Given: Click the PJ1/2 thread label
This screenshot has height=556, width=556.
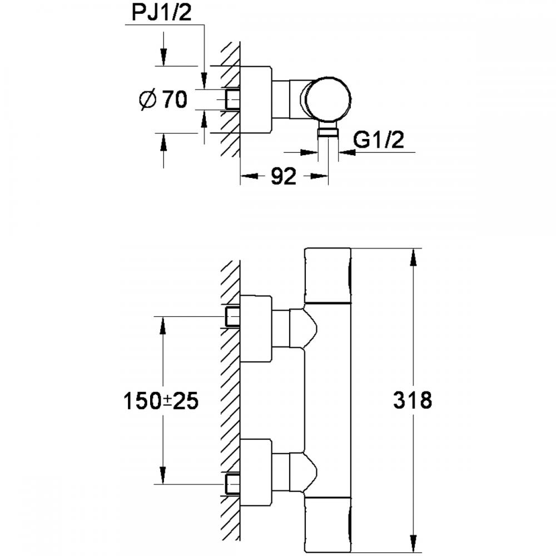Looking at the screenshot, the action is tap(161, 13).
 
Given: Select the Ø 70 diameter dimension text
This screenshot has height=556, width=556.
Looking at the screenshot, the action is tap(163, 100).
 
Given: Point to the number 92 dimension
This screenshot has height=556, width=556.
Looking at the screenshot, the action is tap(284, 176).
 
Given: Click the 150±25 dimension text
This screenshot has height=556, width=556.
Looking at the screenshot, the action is tap(161, 401).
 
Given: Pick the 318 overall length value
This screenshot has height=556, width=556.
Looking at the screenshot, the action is tap(413, 400).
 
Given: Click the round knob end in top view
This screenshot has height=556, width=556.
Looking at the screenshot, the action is tap(329, 99).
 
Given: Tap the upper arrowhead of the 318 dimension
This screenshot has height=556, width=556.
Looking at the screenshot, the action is tap(413, 257).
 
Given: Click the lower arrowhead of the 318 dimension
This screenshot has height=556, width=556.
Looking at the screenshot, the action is tap(413, 544).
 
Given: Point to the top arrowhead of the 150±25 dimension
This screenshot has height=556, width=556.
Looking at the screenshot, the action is tap(163, 325).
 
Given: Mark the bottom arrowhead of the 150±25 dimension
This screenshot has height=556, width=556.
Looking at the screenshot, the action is tap(163, 475).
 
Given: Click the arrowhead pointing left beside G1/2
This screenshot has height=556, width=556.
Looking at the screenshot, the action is tap(347, 152).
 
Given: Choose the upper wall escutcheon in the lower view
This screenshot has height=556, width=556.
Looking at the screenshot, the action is tap(256, 329).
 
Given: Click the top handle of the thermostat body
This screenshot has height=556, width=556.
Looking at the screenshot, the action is tap(328, 275).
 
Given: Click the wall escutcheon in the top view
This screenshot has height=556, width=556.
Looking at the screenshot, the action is tap(256, 100).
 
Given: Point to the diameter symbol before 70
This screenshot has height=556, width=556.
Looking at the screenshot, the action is tap(147, 100).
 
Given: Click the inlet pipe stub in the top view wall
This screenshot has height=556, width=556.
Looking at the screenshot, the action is tap(232, 99).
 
